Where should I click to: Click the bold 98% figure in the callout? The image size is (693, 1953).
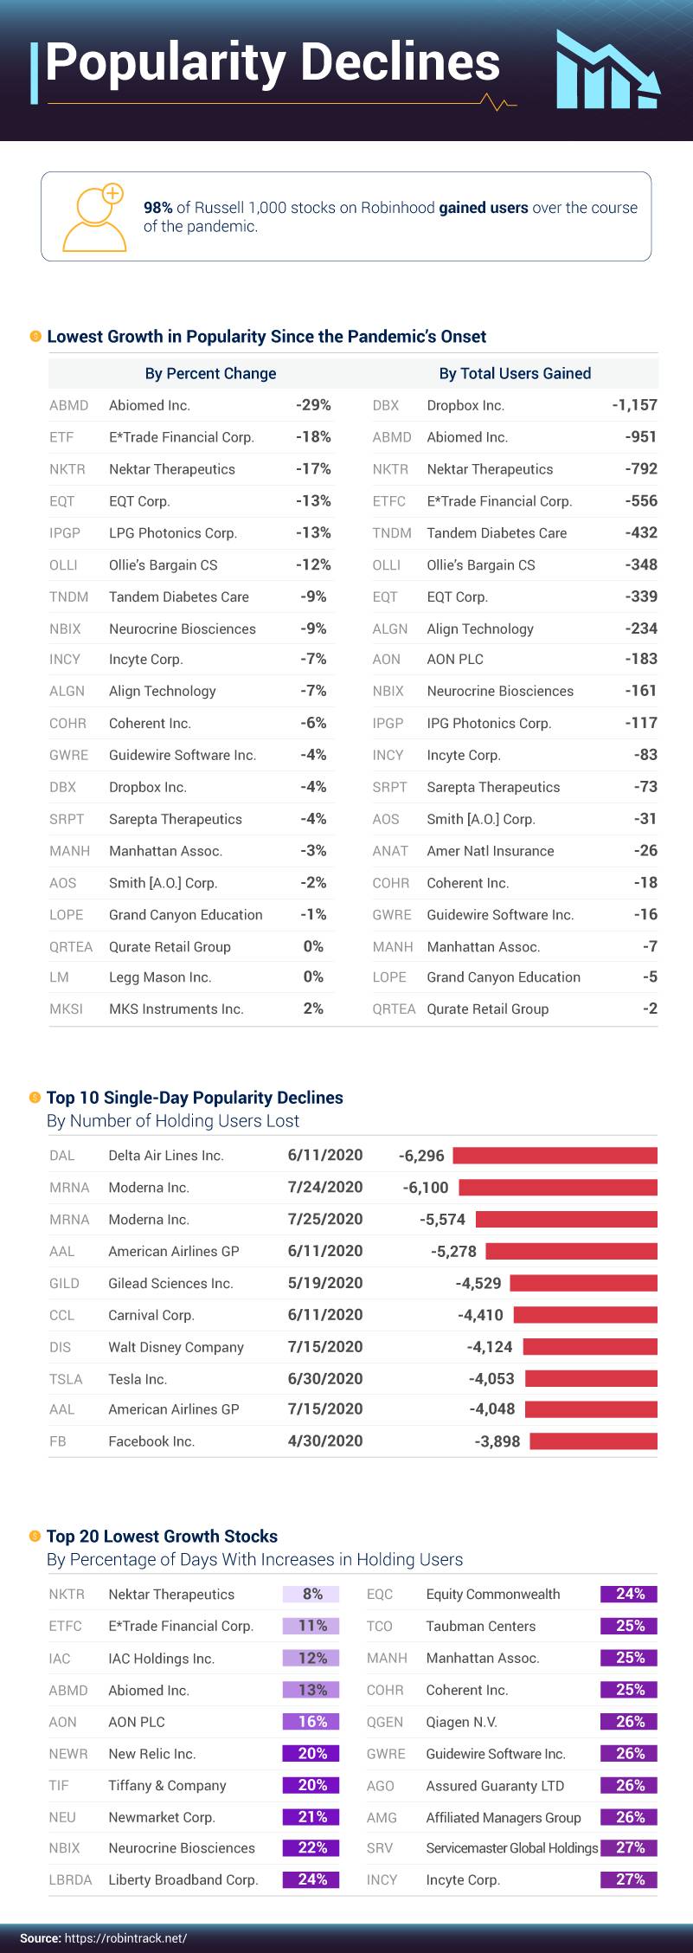click(x=158, y=208)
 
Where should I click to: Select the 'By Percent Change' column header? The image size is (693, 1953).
click(x=210, y=374)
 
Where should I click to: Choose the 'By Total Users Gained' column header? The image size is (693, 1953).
click(x=515, y=374)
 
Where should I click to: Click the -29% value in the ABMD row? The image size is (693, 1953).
click(x=313, y=405)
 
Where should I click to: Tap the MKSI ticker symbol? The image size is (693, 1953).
click(x=66, y=1009)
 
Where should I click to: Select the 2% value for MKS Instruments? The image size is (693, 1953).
click(x=313, y=1009)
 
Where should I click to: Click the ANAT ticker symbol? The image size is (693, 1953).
click(x=390, y=851)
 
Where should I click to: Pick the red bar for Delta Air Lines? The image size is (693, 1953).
click(x=555, y=1156)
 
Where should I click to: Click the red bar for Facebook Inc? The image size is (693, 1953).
click(x=593, y=1441)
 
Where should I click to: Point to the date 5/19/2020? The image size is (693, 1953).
click(x=325, y=1283)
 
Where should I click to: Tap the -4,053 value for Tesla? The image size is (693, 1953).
click(x=491, y=1379)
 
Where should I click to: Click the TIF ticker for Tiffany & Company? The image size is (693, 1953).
click(x=59, y=1786)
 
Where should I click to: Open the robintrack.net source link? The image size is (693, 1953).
click(x=125, y=1938)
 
